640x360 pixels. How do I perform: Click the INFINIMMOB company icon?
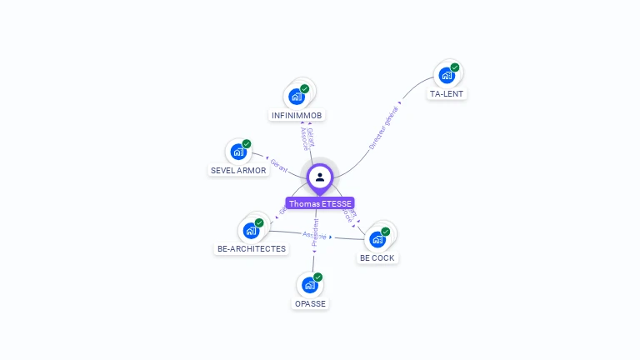coord(297,96)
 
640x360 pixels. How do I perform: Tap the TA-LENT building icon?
coord(447,76)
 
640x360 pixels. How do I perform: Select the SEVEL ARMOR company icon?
coord(238,152)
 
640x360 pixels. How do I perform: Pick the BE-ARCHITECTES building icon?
coord(251,230)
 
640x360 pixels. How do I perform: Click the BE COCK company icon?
coord(377,239)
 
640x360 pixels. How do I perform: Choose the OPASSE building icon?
coord(310,285)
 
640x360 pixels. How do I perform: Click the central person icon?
coord(320,177)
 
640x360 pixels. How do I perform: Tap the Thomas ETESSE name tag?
coord(320,203)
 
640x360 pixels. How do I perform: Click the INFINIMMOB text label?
coord(297,115)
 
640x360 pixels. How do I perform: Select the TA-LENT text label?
coord(446,94)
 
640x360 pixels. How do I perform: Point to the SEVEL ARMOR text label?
coord(238,171)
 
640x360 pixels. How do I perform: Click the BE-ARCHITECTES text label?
coord(251,248)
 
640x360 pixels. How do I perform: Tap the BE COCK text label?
coord(377,258)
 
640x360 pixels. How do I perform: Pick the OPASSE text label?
coord(310,303)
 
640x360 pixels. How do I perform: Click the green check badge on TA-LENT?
coord(455,67)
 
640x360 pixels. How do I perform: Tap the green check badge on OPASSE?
coord(318,277)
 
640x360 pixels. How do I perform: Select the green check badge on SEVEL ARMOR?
coord(247,143)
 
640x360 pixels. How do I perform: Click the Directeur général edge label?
coord(384,128)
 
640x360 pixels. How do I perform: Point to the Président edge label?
coord(315,232)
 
